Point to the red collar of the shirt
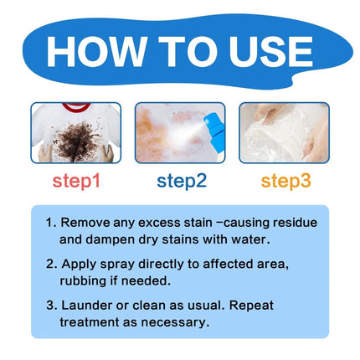point(76,109)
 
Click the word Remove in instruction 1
point(87,224)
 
